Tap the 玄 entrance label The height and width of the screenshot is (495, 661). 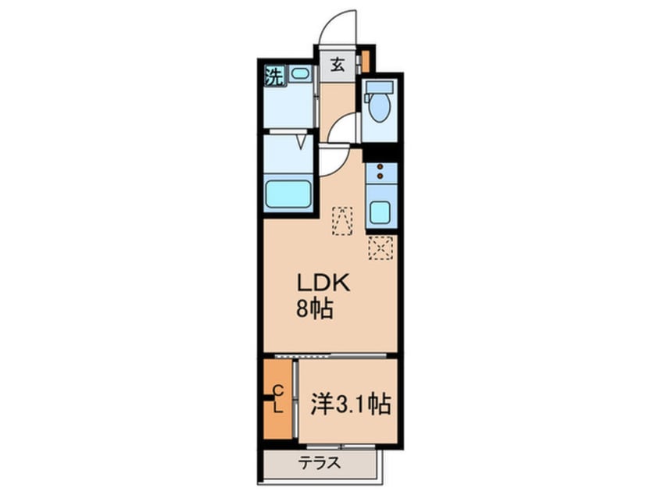point(337,66)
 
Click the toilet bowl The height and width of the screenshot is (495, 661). point(381,109)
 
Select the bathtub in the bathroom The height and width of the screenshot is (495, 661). point(288,193)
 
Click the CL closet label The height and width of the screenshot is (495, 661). point(277,398)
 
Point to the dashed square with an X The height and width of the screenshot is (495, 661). point(381,248)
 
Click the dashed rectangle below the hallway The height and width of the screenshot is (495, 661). point(342,219)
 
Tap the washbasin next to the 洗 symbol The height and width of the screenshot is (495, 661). point(300,75)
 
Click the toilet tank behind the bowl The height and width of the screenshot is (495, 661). point(381,87)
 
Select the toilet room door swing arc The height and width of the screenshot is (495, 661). point(344,129)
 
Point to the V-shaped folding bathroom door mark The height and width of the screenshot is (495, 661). point(302,141)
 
